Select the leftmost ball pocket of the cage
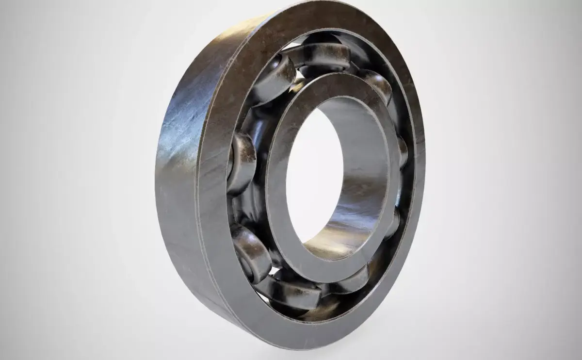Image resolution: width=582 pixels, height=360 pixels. click(241, 163)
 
